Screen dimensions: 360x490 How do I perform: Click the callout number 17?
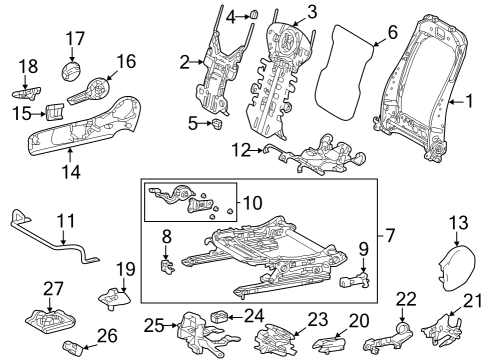click(x=76, y=39)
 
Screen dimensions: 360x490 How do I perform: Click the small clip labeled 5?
click(x=216, y=124)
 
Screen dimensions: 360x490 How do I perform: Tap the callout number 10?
click(x=250, y=205)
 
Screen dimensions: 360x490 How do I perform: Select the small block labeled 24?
click(x=221, y=317)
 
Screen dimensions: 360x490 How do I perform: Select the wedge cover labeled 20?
click(x=334, y=345)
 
